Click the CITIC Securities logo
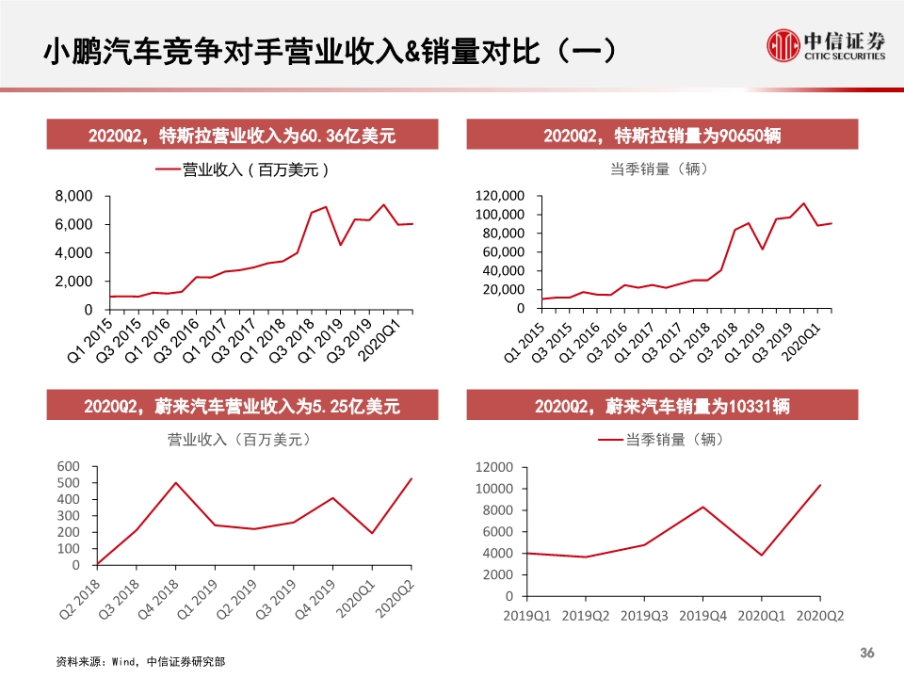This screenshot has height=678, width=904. (826, 45)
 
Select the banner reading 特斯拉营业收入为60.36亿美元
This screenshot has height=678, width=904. (242, 137)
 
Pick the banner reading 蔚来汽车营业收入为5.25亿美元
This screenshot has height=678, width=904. (242, 407)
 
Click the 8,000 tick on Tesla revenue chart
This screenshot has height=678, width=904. (73, 196)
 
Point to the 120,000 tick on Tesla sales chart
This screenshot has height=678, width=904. (502, 196)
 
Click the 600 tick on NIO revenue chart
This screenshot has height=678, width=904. (69, 466)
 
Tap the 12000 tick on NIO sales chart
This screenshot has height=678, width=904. (495, 467)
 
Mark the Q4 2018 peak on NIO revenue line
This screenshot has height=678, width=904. (175, 483)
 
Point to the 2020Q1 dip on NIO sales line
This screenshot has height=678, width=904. (761, 555)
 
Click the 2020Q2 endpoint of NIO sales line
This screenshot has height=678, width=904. (820, 485)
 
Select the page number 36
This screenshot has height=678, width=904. (867, 654)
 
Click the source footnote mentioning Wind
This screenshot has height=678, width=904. (141, 662)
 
